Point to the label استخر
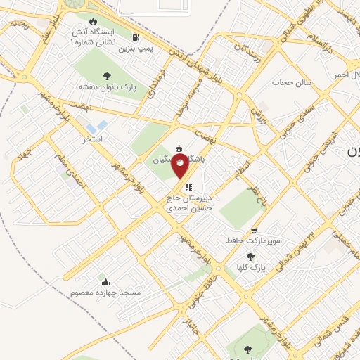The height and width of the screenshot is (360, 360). click(92, 139)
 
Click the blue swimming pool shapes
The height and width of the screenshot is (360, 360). click(101, 127)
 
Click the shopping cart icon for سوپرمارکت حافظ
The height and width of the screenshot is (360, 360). click(253, 230)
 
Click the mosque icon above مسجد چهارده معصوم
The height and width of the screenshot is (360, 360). click(106, 282)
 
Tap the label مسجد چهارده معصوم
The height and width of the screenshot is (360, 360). click(105, 292)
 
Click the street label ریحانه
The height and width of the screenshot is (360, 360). click(18, 24)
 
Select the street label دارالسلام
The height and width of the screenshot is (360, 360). click(324, 40)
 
